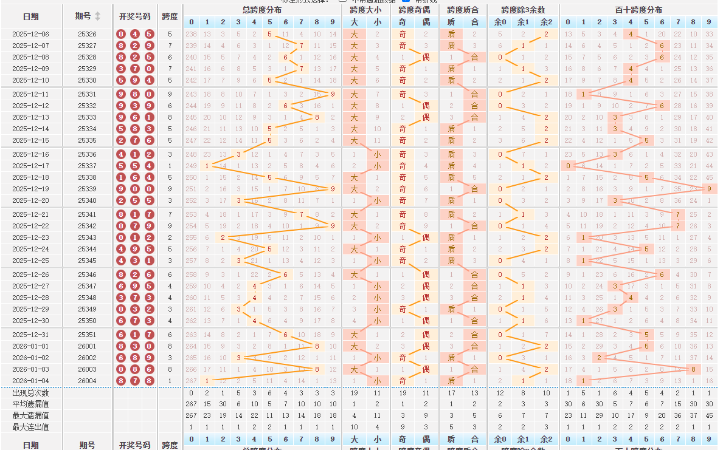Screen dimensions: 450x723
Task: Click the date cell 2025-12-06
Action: pos(30,34)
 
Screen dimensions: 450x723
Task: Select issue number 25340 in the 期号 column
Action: pos(87,200)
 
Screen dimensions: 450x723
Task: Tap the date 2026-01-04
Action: pos(30,381)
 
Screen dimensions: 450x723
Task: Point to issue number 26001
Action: pos(87,346)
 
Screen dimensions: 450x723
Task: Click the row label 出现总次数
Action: pos(30,393)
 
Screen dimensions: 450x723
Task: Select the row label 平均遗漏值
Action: pos(30,404)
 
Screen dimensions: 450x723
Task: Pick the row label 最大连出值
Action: pos(30,427)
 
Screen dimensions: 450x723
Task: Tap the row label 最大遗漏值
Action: pos(30,416)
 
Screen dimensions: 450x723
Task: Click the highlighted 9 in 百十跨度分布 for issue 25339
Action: pos(709,189)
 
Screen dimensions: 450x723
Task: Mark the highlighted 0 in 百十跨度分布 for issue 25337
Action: pos(569,166)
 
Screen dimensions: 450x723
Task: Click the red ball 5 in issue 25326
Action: pos(149,34)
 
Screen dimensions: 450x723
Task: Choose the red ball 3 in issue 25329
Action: pos(122,69)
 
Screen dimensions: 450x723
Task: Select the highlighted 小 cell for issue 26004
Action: pos(378,381)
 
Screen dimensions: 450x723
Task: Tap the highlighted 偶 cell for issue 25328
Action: pos(426,57)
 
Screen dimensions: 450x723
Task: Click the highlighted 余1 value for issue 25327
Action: pos(523,46)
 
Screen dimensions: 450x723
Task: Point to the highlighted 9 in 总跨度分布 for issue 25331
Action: pos(332,94)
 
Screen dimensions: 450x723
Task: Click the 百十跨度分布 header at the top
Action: pos(638,10)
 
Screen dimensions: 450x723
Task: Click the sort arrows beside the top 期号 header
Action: pos(98,16)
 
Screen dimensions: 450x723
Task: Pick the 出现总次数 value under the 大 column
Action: pos(354,393)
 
